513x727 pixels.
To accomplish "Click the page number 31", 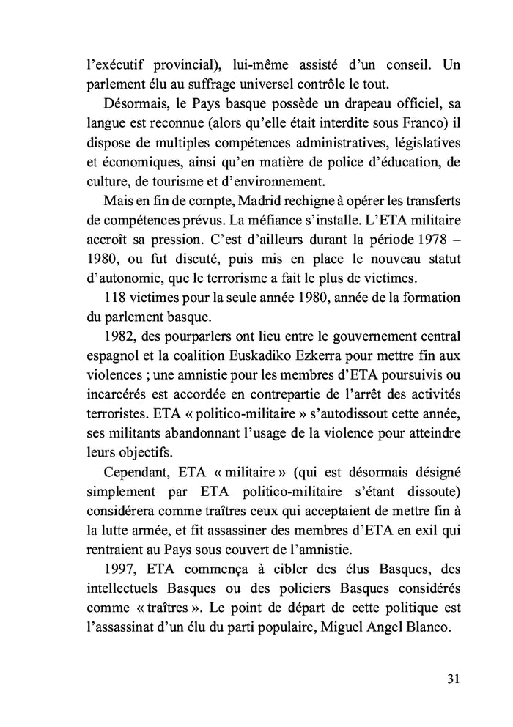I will coord(452,678).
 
